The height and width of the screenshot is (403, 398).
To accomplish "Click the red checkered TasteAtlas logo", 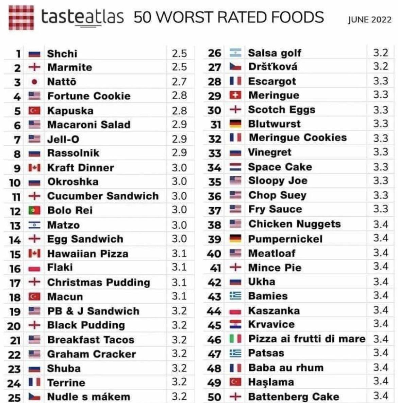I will (21, 17).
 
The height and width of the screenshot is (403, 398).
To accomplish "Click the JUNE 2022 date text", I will (369, 20).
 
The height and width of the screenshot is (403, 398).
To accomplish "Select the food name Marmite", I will (70, 67).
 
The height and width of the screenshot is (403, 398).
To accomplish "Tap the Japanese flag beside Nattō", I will (34, 82).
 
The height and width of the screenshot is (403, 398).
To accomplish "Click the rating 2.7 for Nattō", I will (179, 82).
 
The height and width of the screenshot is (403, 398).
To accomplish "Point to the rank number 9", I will (17, 168).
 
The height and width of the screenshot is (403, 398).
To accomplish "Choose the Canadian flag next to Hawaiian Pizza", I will (34, 254).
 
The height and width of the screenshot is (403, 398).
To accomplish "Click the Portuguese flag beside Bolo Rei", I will (34, 210).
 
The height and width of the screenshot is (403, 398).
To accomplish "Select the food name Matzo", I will (64, 225).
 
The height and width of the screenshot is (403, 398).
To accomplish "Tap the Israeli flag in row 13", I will (34, 225).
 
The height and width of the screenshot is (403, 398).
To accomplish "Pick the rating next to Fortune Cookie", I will (179, 96).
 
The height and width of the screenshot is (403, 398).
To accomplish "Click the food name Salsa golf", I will (275, 53).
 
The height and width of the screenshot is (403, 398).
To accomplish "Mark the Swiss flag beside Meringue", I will (235, 95).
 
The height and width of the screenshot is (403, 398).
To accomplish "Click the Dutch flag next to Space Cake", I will (235, 167).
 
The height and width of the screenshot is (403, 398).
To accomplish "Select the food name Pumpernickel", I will (285, 239).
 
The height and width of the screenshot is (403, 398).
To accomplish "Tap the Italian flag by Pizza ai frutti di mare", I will (235, 339).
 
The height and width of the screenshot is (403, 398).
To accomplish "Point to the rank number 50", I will (214, 397).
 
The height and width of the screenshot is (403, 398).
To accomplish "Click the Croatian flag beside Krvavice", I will (235, 324).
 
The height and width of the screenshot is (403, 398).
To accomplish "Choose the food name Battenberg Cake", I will (294, 397).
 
